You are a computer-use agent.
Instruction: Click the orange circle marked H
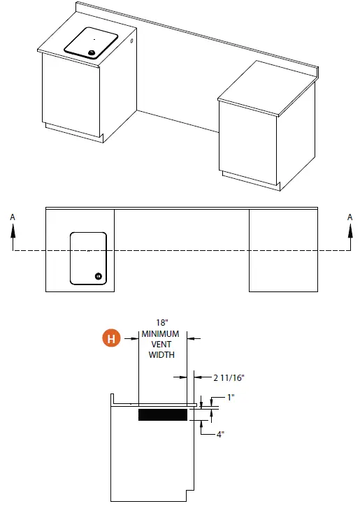(110, 338)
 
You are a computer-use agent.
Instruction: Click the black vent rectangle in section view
(162, 415)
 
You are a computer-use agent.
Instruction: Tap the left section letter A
(12, 217)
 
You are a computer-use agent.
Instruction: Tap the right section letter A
(350, 217)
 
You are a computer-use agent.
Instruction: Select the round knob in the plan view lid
(99, 275)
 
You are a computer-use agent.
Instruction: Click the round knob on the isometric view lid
(91, 52)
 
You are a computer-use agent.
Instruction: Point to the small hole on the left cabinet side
(132, 43)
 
